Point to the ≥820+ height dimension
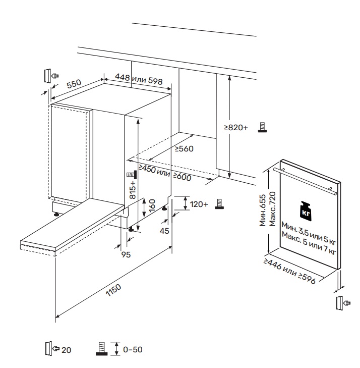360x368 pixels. [237, 128]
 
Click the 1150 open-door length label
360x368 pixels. [114, 293]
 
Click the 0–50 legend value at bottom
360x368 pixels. [133, 349]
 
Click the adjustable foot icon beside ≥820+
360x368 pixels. [262, 127]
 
